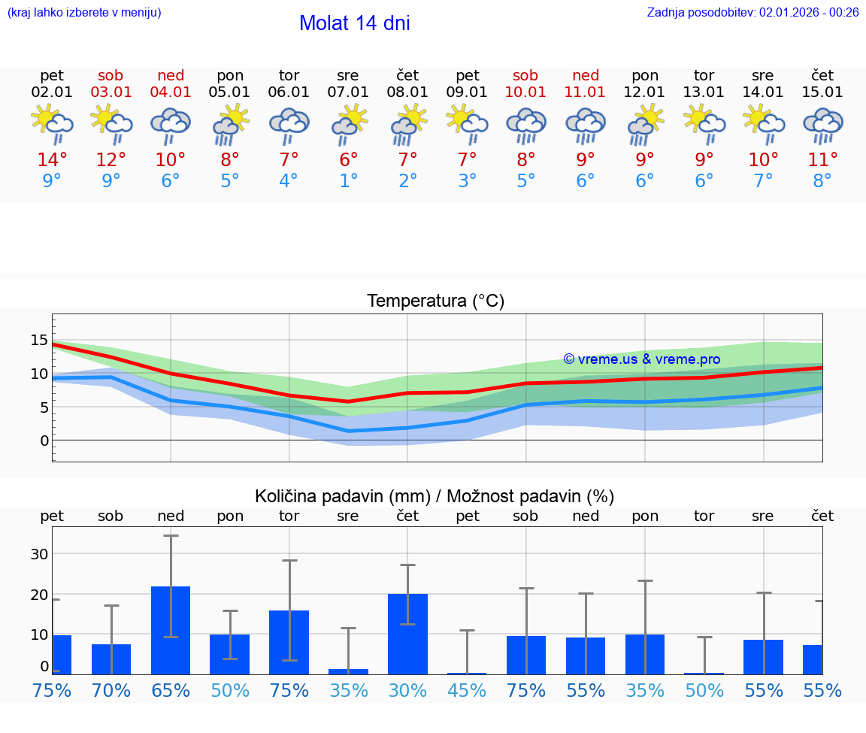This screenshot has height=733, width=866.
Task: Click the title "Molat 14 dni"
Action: [354, 23]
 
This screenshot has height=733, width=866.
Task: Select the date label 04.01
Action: [171, 92]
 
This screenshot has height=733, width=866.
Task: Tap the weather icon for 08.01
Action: [408, 124]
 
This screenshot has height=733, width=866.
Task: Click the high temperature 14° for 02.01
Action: [52, 160]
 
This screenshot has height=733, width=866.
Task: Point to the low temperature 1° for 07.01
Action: [348, 181]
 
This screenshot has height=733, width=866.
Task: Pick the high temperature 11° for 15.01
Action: [822, 160]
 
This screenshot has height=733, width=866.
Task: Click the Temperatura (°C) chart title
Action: [435, 301]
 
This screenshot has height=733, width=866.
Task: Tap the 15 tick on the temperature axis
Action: [39, 341]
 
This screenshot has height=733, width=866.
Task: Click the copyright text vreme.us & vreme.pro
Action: [642, 359]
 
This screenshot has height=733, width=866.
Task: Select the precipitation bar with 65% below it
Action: [171, 630]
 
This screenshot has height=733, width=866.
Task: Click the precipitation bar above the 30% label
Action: [407, 634]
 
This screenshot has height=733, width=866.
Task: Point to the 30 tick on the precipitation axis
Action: [39, 554]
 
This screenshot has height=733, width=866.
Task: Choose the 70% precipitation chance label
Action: [111, 690]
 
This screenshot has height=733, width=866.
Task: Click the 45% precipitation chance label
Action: [467, 690]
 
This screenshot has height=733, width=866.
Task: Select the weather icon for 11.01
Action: [586, 124]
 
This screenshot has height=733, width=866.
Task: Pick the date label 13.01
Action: [704, 92]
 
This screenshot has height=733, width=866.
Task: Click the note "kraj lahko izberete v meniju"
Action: [84, 12]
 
